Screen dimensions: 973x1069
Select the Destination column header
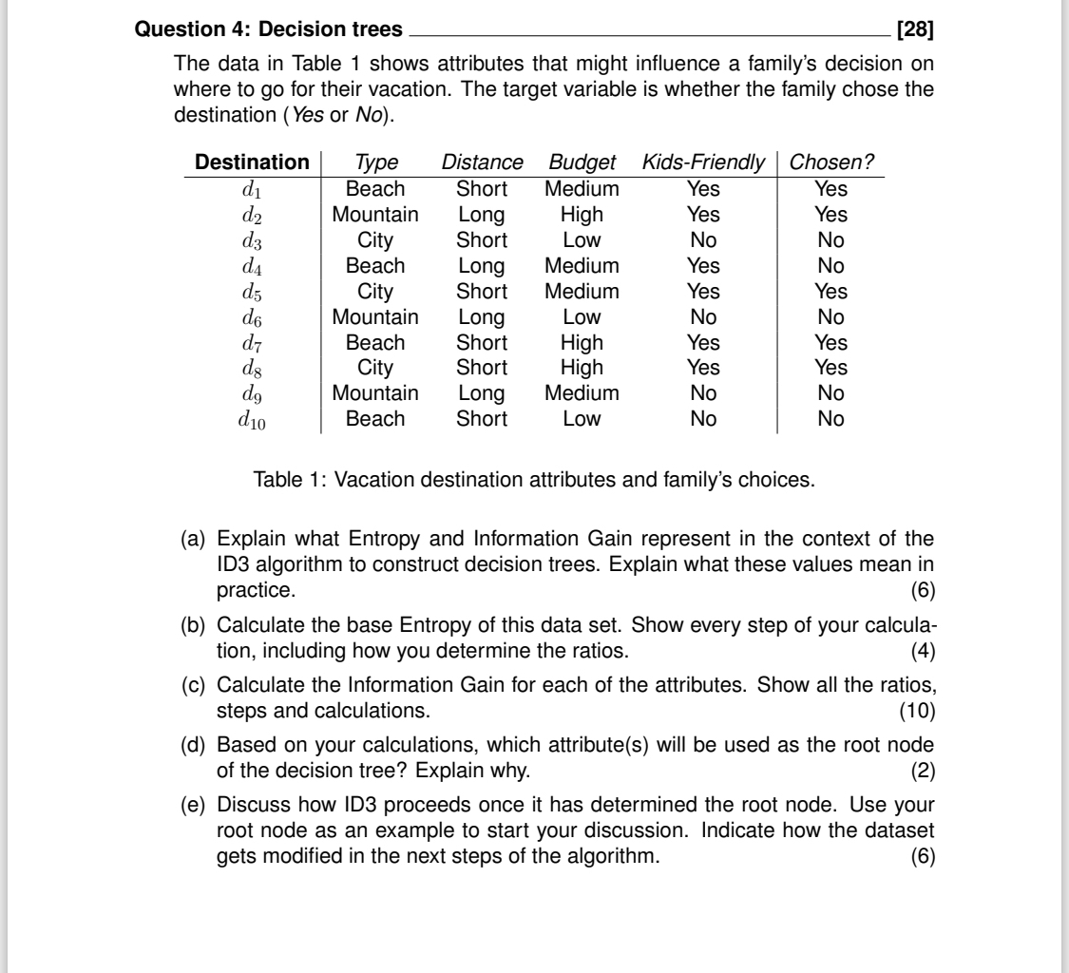click(x=252, y=162)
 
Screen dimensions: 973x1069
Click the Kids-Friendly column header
click(x=703, y=162)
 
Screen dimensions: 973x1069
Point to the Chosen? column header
click(x=831, y=162)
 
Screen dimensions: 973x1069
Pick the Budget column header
click(x=582, y=162)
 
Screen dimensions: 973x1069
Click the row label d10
click(x=251, y=420)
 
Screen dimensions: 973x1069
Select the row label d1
click(x=252, y=189)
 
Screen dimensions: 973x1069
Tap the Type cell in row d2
click(x=374, y=215)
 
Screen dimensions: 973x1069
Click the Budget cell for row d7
click(x=582, y=342)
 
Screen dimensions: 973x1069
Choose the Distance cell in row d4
click(x=482, y=266)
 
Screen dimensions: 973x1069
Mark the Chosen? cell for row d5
click(x=831, y=291)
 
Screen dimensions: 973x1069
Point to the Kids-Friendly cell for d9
click(x=702, y=393)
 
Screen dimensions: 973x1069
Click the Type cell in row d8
click(x=374, y=368)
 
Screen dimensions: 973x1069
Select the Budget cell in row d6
click(x=582, y=316)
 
